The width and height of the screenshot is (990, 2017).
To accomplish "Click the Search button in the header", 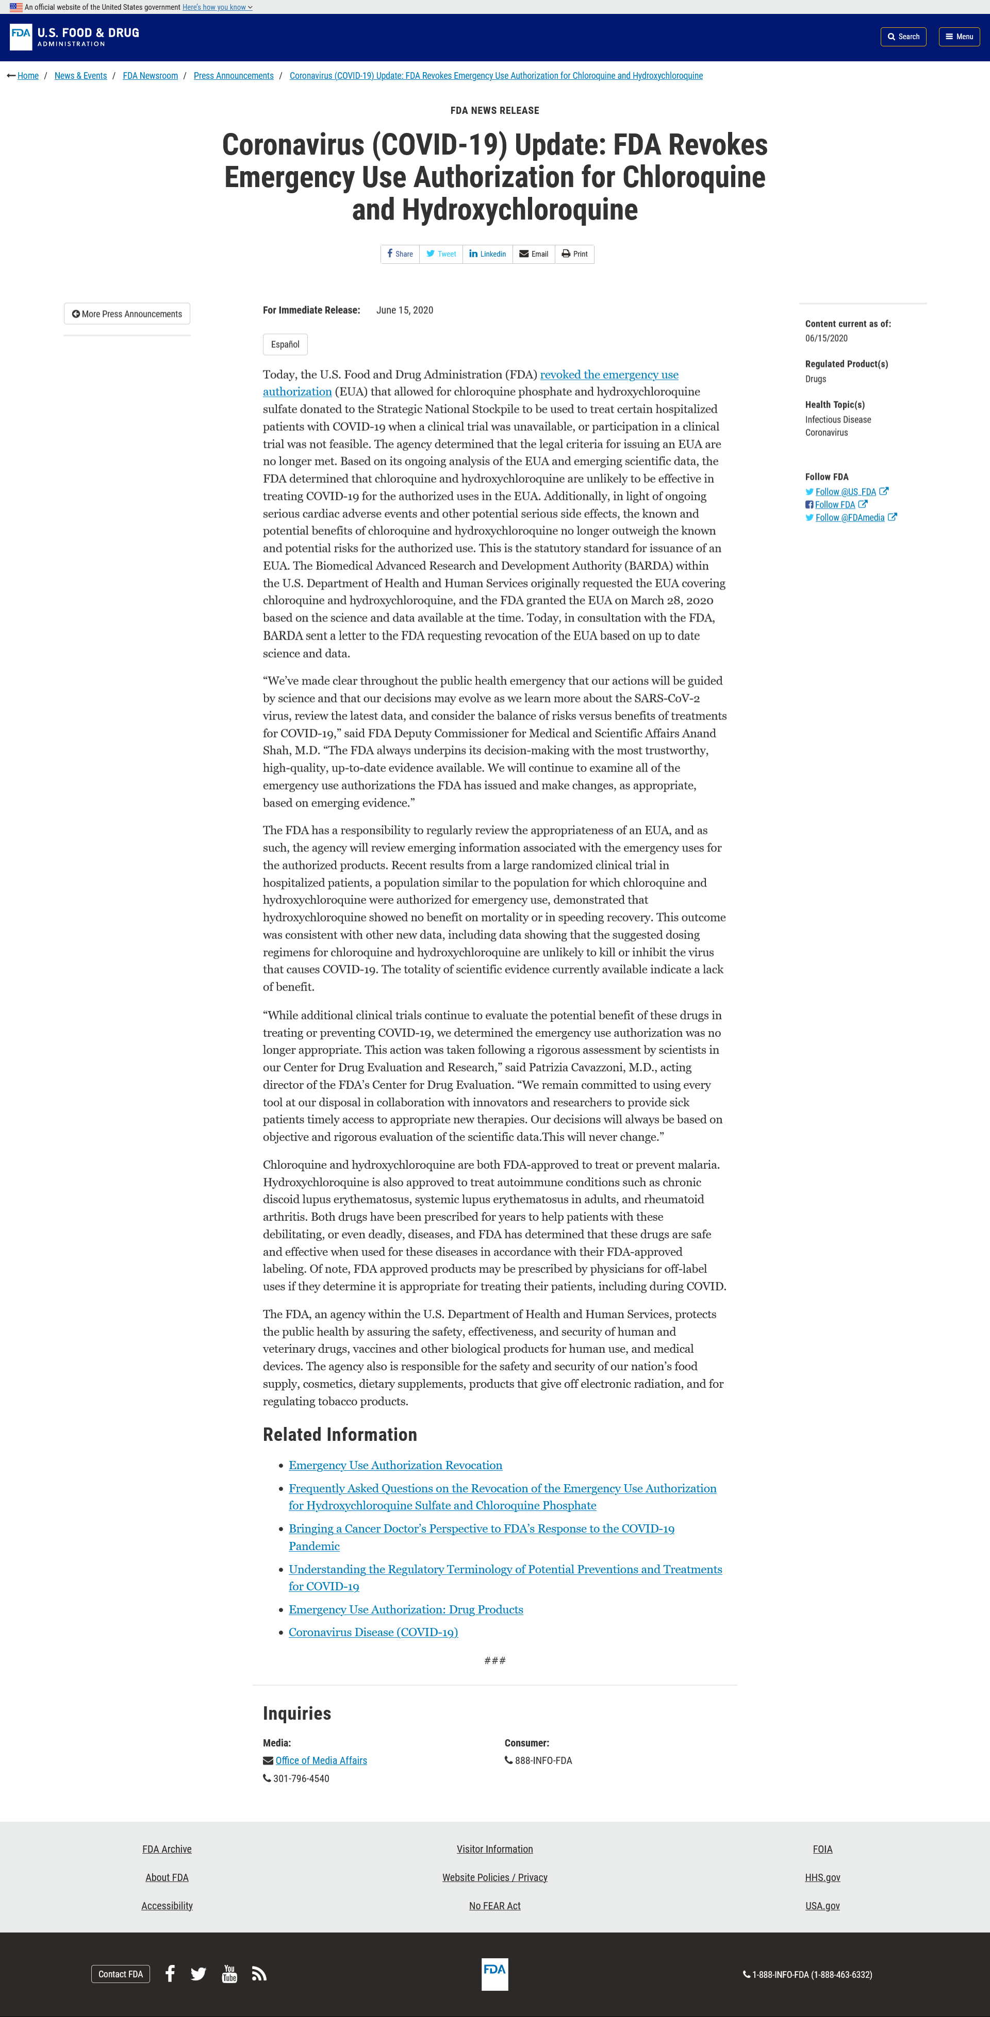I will tap(903, 37).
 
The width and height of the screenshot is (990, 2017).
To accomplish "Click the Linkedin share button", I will tap(487, 254).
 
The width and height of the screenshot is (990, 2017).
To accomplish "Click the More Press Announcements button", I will tap(127, 314).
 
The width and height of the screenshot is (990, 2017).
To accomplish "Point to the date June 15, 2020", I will tap(404, 310).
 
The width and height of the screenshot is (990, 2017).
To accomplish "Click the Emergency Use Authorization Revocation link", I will tap(395, 1465).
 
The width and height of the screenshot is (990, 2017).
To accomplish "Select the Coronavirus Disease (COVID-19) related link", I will tap(373, 1632).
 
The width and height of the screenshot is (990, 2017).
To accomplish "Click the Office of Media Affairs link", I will tap(321, 1760).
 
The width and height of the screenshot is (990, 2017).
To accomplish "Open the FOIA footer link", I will tap(822, 1848).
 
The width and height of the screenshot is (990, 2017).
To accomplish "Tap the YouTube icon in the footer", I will tap(229, 1973).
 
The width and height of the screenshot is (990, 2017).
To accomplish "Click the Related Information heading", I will tap(340, 1435).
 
